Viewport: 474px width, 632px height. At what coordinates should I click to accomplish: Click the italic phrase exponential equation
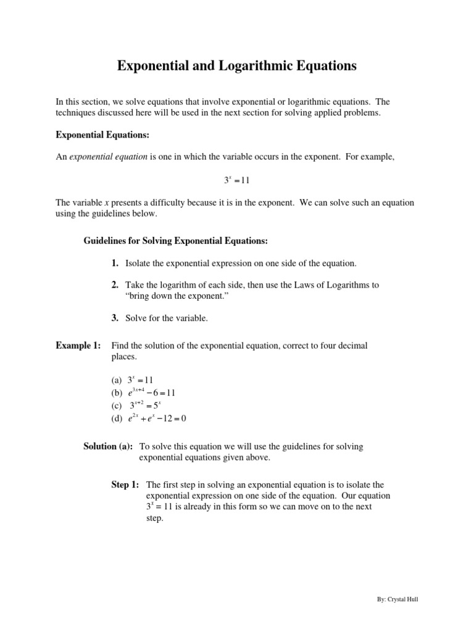coord(108,157)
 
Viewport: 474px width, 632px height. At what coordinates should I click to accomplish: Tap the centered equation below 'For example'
coord(236,180)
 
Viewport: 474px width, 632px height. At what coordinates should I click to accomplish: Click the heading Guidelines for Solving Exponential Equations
coord(175,240)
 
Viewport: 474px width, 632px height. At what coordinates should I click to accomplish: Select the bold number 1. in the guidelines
coord(115,263)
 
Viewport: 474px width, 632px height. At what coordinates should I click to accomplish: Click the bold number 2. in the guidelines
coord(115,285)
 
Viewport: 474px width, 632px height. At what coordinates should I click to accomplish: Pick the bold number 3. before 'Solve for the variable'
coord(115,318)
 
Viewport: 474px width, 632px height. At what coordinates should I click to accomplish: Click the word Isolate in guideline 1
coord(139,263)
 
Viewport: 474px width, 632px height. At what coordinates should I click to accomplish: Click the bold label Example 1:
coord(78,346)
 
